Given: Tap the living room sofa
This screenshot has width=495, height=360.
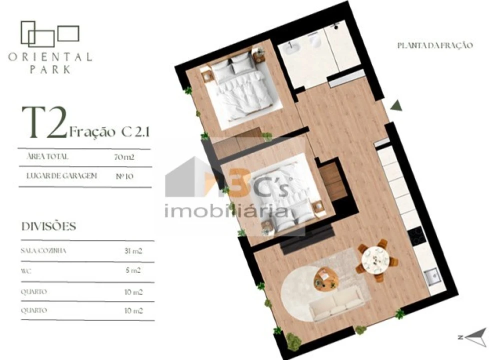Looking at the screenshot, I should click(336, 305).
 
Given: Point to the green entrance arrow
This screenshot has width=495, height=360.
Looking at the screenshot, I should click(397, 105).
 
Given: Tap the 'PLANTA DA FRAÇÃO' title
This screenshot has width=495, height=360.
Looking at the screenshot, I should click(435, 45).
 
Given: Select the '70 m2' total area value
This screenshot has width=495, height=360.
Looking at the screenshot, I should click(124, 156).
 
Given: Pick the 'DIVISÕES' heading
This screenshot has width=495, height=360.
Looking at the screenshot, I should click(48, 226).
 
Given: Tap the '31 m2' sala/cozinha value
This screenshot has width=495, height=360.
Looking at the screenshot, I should click(133, 251).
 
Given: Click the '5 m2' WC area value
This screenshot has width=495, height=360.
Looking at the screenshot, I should click(133, 271).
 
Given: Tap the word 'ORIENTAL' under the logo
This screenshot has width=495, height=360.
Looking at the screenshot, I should click(50, 57).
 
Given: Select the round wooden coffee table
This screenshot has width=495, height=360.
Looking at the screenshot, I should click(326, 279).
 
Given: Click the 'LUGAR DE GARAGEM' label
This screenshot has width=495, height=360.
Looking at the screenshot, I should click(55, 176).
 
